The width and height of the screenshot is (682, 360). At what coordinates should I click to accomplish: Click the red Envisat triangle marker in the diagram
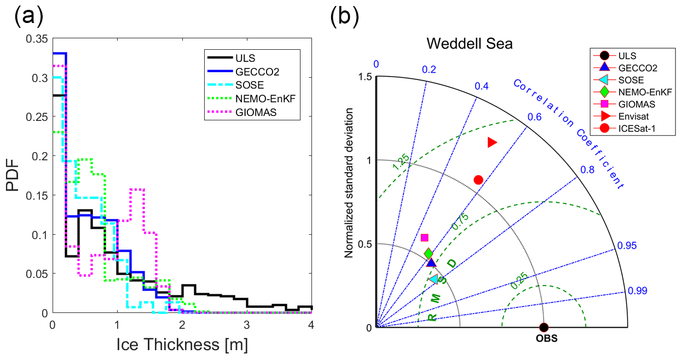tap(492, 142)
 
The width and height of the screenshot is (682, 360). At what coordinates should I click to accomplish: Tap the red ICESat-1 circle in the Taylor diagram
tap(478, 180)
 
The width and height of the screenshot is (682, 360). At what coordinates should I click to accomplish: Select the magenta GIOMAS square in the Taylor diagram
tap(424, 237)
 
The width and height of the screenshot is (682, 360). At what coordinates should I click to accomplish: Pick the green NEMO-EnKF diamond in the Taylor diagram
tap(428, 253)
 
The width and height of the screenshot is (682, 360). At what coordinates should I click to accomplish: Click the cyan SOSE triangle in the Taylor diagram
tap(434, 279)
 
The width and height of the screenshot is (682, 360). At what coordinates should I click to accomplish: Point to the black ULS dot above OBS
tap(544, 327)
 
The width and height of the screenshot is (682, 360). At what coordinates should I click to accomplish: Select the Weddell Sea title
tap(469, 44)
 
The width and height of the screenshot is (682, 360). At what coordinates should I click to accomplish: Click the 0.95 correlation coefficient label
tap(627, 246)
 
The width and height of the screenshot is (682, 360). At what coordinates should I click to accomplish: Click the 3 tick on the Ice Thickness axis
tap(247, 323)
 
